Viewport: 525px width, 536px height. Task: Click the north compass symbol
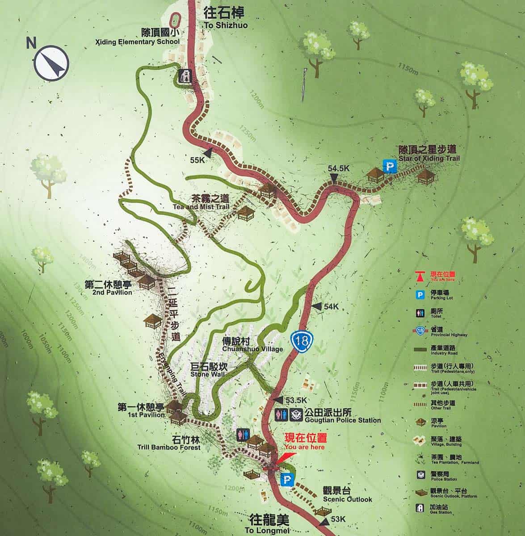point(52,63)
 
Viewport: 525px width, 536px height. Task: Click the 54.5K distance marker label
point(338,169)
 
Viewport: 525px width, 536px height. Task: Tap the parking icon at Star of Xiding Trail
point(391,167)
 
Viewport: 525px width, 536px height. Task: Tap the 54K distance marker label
point(332,306)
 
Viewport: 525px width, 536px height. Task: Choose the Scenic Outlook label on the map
point(347,494)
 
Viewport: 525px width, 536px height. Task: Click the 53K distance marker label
point(339,519)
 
